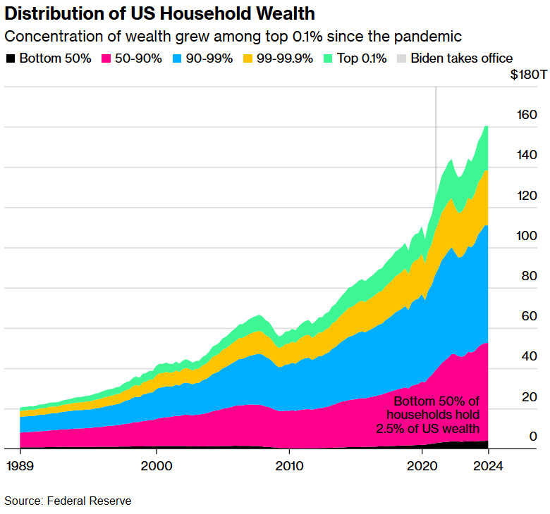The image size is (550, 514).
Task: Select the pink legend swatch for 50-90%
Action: tap(107, 58)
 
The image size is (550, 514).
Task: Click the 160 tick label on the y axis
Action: tap(527, 115)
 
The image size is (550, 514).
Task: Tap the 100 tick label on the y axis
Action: tap(527, 236)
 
